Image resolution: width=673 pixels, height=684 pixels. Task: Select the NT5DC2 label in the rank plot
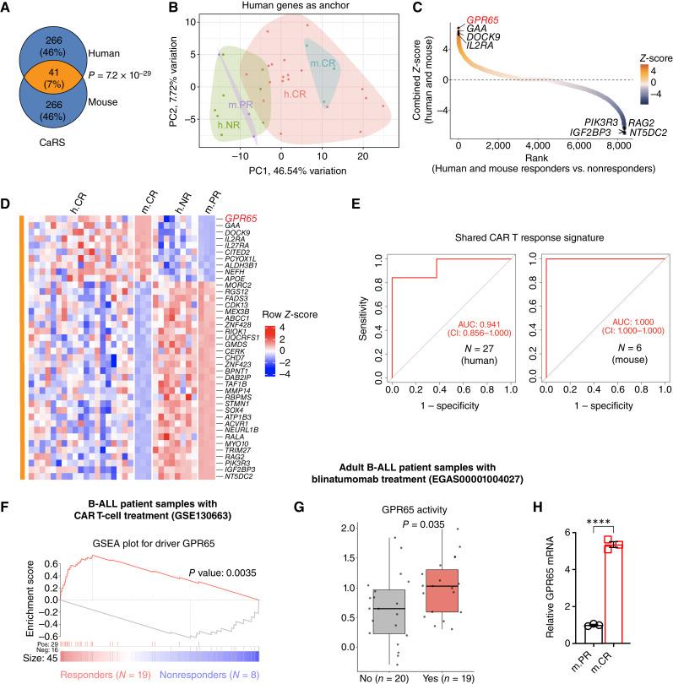click(x=646, y=133)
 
